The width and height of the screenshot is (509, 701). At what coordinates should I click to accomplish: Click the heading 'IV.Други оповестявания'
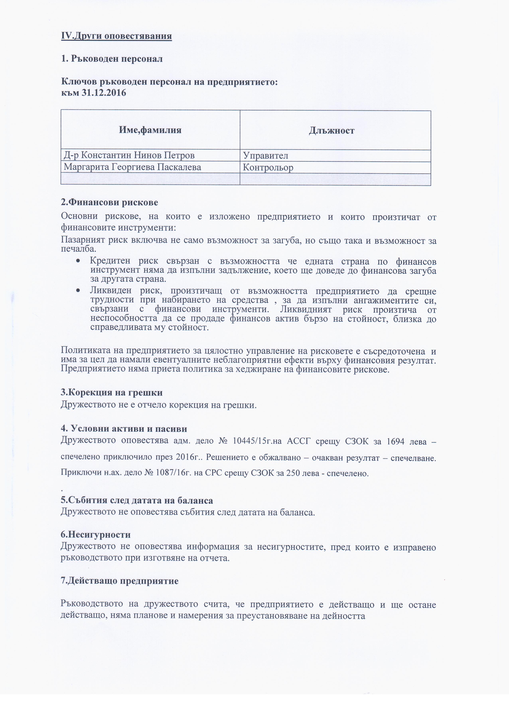click(116, 36)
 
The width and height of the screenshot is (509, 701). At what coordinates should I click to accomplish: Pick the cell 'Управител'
click(265, 155)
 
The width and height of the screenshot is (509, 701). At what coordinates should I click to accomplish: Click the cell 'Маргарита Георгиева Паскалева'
click(132, 167)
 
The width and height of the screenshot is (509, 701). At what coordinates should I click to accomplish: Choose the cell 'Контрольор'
click(268, 168)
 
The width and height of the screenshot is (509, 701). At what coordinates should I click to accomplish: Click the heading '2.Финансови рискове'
click(109, 203)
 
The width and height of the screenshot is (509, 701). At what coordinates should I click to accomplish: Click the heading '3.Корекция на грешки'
click(112, 392)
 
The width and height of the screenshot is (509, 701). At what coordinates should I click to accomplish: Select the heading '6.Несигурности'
click(96, 534)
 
